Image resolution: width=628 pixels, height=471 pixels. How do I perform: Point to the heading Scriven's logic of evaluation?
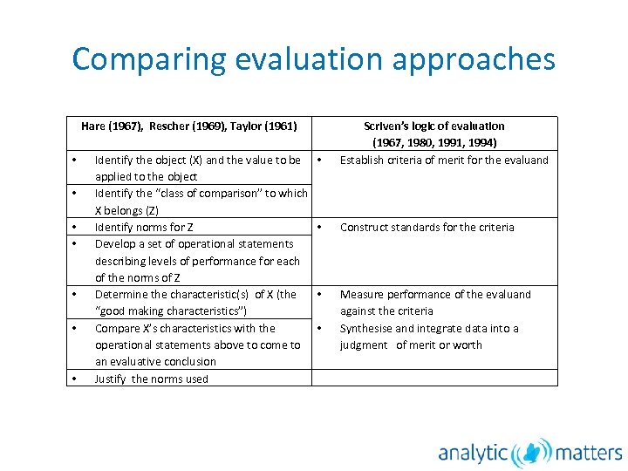[433, 126]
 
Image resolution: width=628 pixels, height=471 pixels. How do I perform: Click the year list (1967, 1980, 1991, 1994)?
[434, 142]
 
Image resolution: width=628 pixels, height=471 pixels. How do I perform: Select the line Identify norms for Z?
[144, 227]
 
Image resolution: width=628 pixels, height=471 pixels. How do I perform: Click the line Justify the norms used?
[151, 379]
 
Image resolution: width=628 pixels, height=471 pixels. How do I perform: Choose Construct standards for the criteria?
[427, 227]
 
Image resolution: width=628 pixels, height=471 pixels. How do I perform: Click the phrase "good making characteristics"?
[171, 311]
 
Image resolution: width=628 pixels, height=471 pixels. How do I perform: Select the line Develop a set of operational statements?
[194, 243]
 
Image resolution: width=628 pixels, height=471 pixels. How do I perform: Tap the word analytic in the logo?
[473, 453]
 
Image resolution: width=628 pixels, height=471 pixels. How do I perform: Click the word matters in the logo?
[589, 452]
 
